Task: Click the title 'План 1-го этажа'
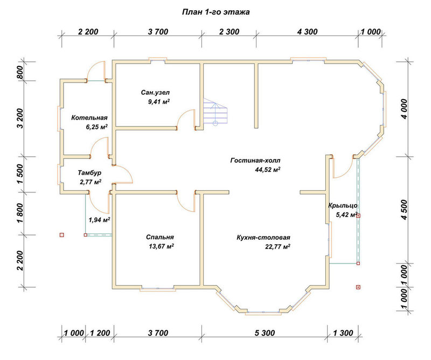point(216,12)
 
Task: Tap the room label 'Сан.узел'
point(155,92)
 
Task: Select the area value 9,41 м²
point(159,102)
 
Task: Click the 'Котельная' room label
point(89,117)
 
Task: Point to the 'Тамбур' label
point(89,173)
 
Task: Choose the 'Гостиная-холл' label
point(255,161)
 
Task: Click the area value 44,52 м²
point(268,170)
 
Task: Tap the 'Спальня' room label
point(159,237)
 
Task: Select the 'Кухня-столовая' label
point(263,237)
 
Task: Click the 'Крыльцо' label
point(343,206)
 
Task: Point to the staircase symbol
point(215,112)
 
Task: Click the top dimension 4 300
point(307,32)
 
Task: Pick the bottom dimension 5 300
point(265,333)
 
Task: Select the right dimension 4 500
point(405,210)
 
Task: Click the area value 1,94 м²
point(100,220)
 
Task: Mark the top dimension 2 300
point(230,32)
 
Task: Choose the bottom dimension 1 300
point(343,333)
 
